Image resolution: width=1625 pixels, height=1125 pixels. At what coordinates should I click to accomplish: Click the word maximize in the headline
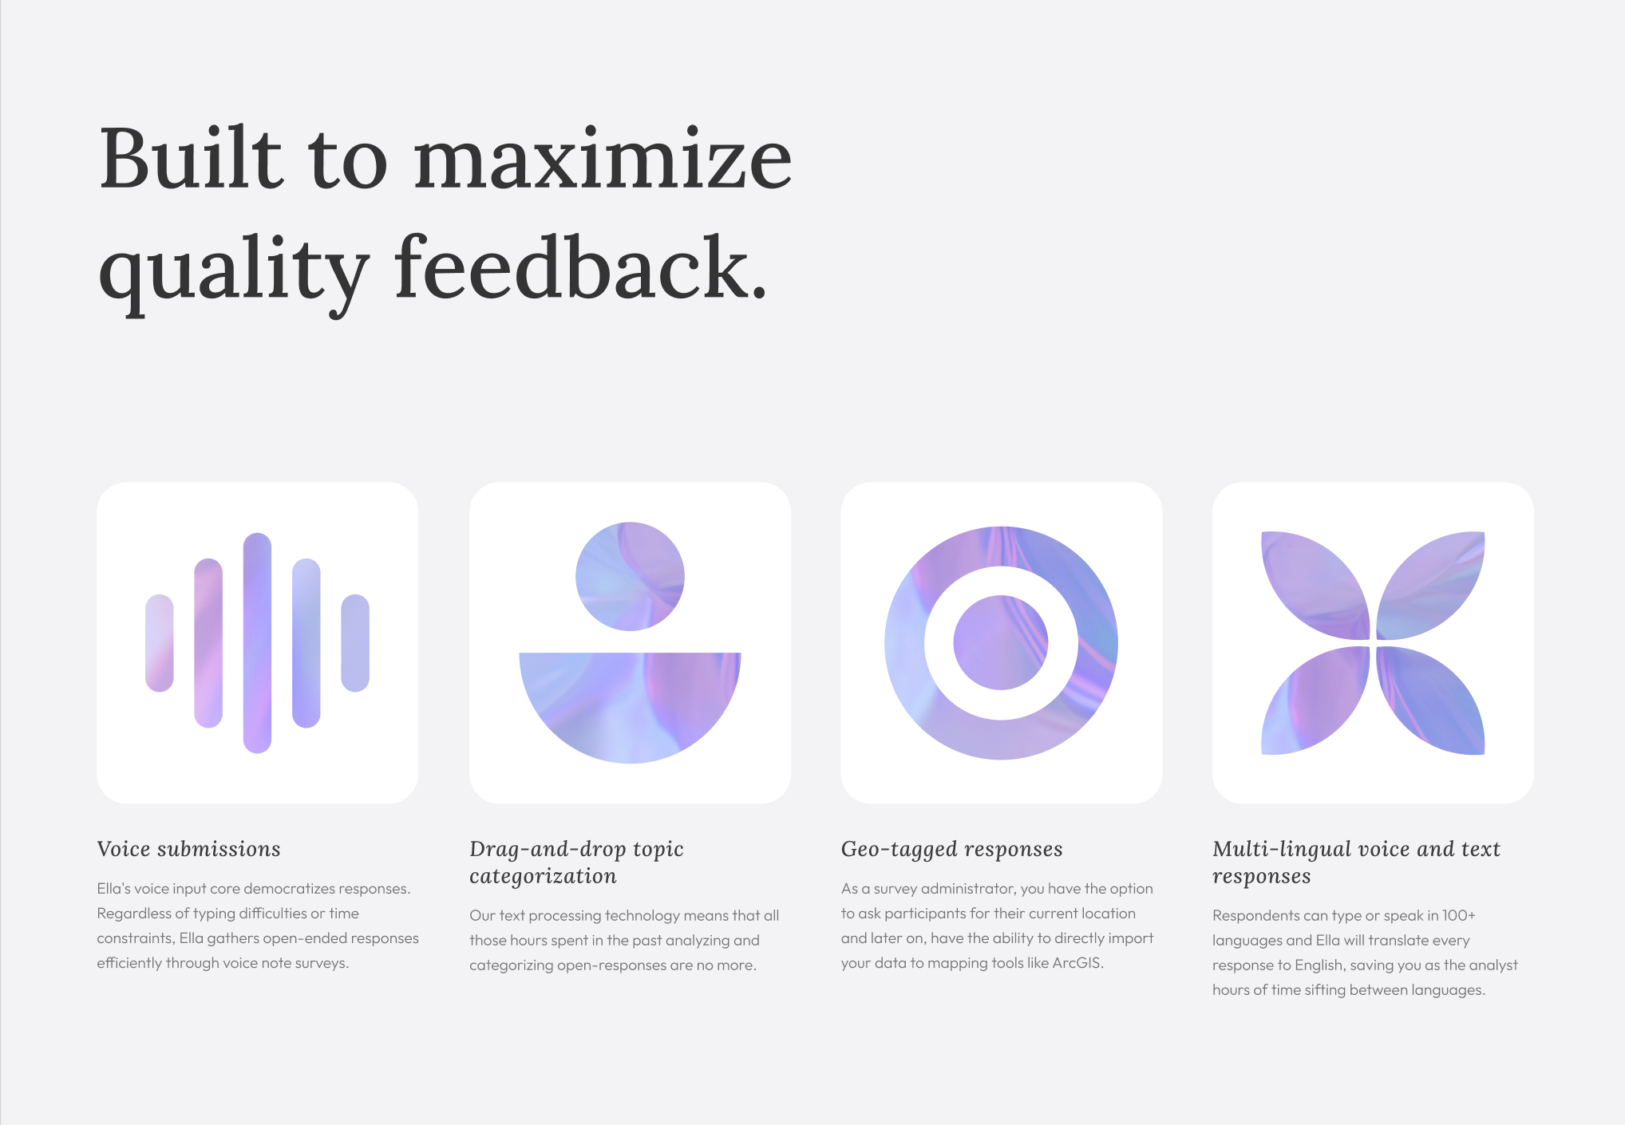tap(603, 160)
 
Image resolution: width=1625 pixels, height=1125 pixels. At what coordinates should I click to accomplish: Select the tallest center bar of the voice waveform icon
tap(257, 643)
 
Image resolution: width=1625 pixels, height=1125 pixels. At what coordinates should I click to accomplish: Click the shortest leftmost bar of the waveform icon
tap(160, 643)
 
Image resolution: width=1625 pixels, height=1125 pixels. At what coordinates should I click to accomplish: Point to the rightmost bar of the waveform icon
tap(355, 643)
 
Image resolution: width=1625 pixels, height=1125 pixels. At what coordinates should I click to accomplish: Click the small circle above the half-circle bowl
tap(630, 576)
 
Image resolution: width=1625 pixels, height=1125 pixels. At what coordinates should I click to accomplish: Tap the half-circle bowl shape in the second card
tap(630, 702)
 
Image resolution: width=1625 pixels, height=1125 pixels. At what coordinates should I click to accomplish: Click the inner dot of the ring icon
tap(1001, 642)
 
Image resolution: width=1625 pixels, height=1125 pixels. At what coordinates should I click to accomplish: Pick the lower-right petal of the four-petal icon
tap(1430, 701)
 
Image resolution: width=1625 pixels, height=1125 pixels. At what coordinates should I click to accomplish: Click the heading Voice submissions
tap(188, 849)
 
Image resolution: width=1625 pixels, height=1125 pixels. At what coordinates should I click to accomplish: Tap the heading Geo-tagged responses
tap(951, 850)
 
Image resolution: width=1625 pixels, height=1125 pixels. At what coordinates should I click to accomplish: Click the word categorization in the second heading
tap(543, 877)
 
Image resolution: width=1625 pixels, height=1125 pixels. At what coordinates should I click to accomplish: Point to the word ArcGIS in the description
tap(1077, 963)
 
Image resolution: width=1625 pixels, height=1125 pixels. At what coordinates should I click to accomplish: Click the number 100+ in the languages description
tap(1459, 915)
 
